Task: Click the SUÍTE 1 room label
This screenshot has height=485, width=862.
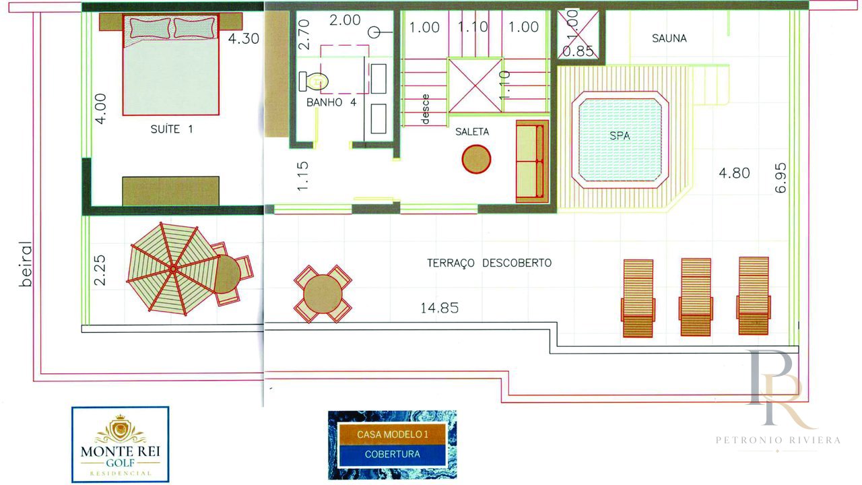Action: pos(172,129)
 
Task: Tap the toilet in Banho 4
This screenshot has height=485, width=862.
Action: pos(313,82)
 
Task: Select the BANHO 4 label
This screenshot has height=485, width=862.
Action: pos(331,102)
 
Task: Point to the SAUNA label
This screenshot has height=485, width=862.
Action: pos(669,38)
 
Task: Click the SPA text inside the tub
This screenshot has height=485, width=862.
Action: pos(620,135)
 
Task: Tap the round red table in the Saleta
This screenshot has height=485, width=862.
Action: pos(476,159)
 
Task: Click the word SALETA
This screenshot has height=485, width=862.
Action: pos(472,131)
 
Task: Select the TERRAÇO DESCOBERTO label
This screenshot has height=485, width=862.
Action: pos(490,263)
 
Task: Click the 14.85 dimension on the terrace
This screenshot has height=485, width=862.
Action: pos(440,308)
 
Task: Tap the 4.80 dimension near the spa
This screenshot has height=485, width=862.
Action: pos(734,173)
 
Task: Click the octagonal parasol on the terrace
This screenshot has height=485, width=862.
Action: pos(173,269)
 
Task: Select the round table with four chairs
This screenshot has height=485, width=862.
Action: pos(323,294)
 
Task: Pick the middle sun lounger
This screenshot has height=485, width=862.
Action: pos(696,297)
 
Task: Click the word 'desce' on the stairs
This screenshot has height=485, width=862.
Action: pos(425,109)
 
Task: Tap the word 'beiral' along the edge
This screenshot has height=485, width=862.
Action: pos(26,264)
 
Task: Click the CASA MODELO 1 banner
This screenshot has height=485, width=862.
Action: pos(392,434)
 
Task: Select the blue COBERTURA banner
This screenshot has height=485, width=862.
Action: pos(392,454)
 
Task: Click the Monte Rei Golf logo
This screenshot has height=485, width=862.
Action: pos(120,444)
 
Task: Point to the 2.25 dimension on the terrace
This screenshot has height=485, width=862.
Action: pos(100,270)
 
